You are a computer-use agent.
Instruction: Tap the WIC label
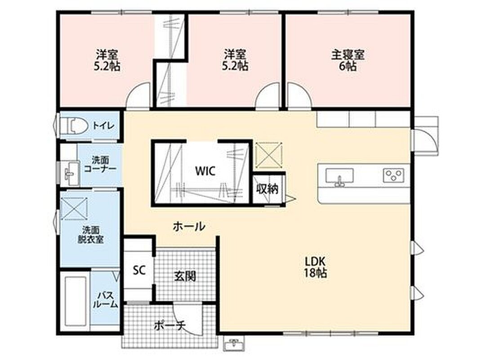click(205, 171)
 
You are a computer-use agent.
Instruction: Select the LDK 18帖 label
click(316, 267)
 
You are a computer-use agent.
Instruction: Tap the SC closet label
click(139, 270)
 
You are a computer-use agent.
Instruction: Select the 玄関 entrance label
click(185, 276)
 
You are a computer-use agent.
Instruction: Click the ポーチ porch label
click(170, 326)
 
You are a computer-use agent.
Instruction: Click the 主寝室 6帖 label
click(348, 60)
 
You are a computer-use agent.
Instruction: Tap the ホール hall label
click(189, 226)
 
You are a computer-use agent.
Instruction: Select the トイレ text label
click(103, 126)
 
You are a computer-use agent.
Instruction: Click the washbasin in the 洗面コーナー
click(71, 174)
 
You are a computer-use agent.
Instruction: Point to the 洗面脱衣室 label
click(91, 235)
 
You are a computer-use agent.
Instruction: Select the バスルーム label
click(106, 300)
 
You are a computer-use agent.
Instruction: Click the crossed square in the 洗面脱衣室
click(74, 208)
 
